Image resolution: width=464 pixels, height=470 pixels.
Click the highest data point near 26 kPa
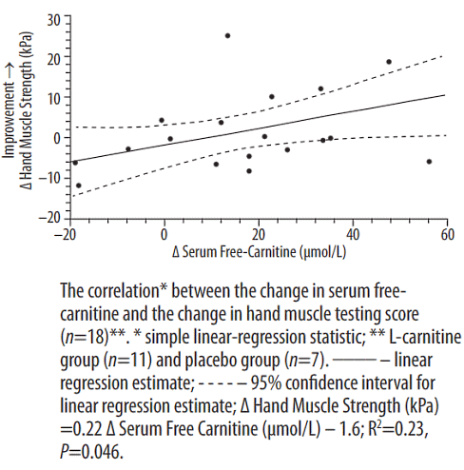227,36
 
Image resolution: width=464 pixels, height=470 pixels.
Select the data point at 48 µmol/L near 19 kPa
389,62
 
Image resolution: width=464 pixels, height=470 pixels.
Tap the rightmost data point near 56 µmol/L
429,162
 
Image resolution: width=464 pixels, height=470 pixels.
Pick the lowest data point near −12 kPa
79,186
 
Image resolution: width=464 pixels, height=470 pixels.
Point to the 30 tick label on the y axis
53,20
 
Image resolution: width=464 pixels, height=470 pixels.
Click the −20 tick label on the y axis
49,218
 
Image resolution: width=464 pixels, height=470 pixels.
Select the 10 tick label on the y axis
54,99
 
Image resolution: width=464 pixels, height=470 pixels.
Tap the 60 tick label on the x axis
447,235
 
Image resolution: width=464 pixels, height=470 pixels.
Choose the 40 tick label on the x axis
353,235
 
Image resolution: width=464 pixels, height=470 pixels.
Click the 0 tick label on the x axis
164,235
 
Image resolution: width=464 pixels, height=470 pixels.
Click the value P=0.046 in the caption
91,451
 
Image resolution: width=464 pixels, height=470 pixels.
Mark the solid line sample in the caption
355,361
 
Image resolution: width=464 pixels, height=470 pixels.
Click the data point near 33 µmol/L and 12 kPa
320,88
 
